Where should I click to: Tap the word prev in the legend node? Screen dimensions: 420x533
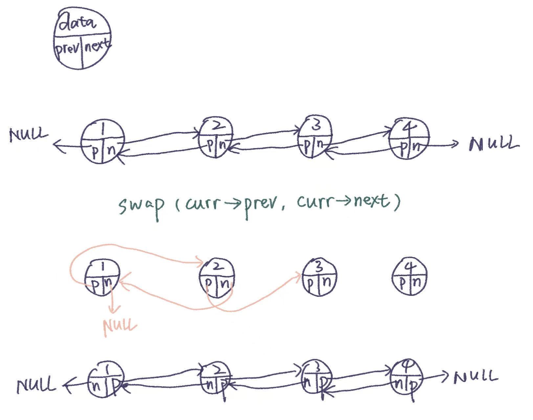(x=68, y=49)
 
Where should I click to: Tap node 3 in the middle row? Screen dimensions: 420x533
(x=319, y=277)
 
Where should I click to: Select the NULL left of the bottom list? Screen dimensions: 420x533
(x=36, y=386)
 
